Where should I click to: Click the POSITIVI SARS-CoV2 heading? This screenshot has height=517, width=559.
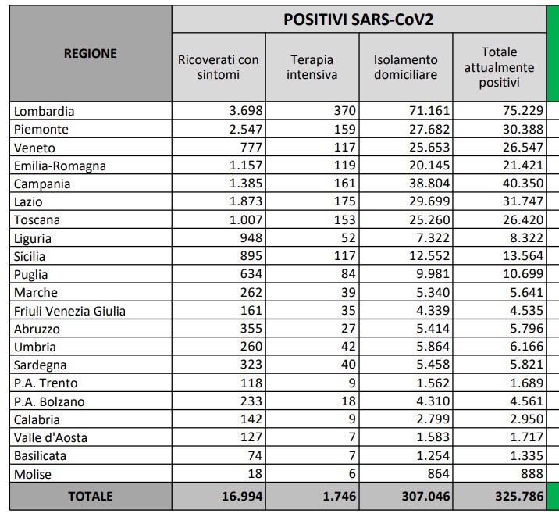[358, 19]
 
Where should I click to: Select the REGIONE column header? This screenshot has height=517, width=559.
[90, 54]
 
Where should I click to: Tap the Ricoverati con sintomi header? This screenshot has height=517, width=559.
[219, 67]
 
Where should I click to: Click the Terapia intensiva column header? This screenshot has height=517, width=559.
[312, 67]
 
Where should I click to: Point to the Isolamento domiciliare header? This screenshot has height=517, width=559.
[406, 67]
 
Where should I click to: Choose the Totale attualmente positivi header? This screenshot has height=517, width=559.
[500, 67]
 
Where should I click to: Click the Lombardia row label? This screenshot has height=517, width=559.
[45, 111]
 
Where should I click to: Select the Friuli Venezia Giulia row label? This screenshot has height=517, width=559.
[69, 311]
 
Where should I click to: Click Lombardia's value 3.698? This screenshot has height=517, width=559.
[243, 111]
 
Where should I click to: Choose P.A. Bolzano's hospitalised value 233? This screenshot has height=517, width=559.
[249, 401]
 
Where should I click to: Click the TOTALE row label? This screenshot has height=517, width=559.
[90, 496]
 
